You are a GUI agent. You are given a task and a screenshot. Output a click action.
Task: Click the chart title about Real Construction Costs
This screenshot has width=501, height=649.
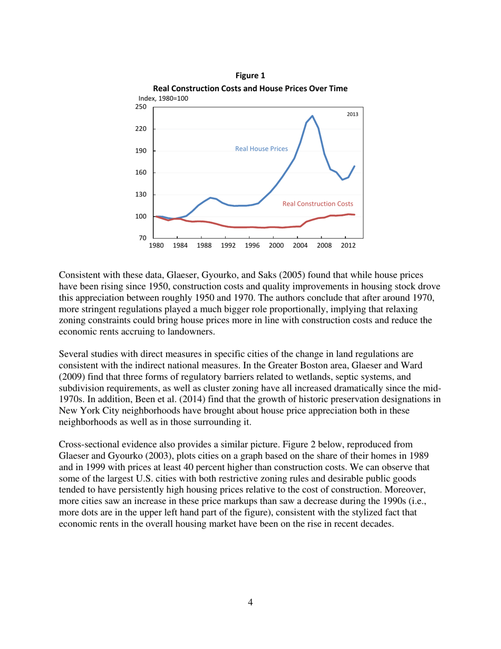tap(250, 88)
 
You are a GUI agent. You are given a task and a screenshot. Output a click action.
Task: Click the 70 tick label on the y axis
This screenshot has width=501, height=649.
tap(142, 238)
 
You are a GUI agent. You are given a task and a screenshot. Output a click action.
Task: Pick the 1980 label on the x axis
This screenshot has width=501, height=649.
tap(156, 246)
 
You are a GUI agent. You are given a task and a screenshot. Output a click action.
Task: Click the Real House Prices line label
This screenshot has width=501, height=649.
tap(262, 149)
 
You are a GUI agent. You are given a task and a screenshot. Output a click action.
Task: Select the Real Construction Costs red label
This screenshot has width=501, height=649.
tap(317, 203)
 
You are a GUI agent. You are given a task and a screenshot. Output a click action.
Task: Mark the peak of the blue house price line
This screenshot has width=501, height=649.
tap(312, 116)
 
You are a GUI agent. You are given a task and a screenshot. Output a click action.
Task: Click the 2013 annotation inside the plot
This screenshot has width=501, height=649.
tap(352, 114)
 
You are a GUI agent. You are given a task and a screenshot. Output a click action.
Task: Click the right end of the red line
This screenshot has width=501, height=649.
tap(354, 214)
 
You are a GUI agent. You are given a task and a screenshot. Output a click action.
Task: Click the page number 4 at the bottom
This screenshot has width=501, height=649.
tap(250, 603)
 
